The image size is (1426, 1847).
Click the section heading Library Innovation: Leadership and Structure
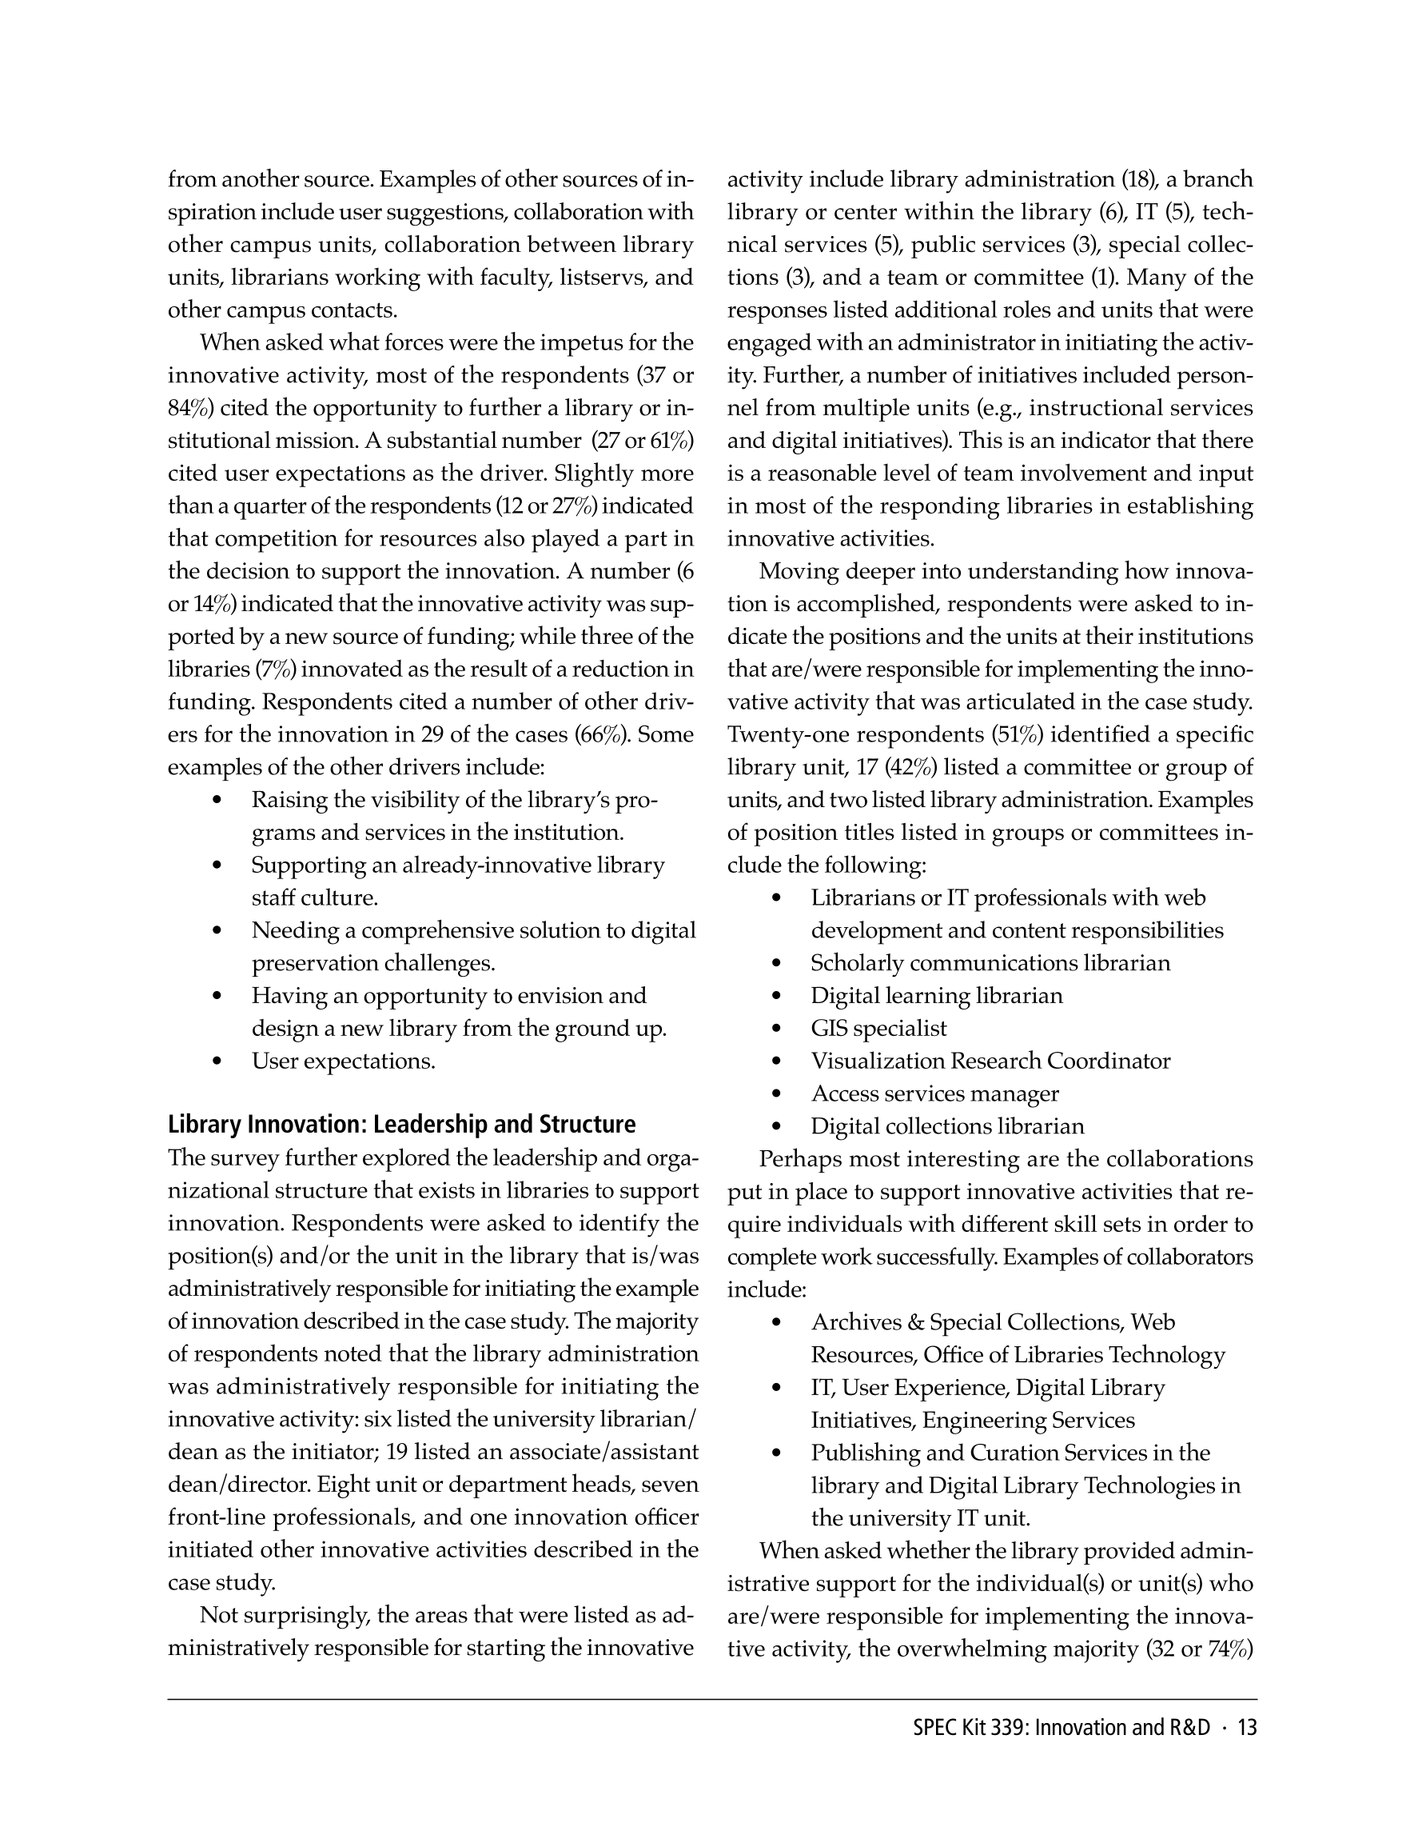[401, 1125]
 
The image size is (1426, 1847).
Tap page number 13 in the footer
[1247, 1728]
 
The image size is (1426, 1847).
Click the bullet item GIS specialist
[878, 1029]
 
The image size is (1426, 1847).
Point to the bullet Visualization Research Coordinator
[990, 1061]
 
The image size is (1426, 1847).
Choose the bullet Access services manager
[934, 1093]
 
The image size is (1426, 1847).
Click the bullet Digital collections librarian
[946, 1126]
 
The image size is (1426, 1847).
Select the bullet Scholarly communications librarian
[990, 963]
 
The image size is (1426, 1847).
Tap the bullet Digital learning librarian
[937, 996]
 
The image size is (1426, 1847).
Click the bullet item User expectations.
[343, 1061]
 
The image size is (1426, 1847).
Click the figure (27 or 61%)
[643, 442]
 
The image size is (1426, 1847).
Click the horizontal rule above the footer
[711, 1699]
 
